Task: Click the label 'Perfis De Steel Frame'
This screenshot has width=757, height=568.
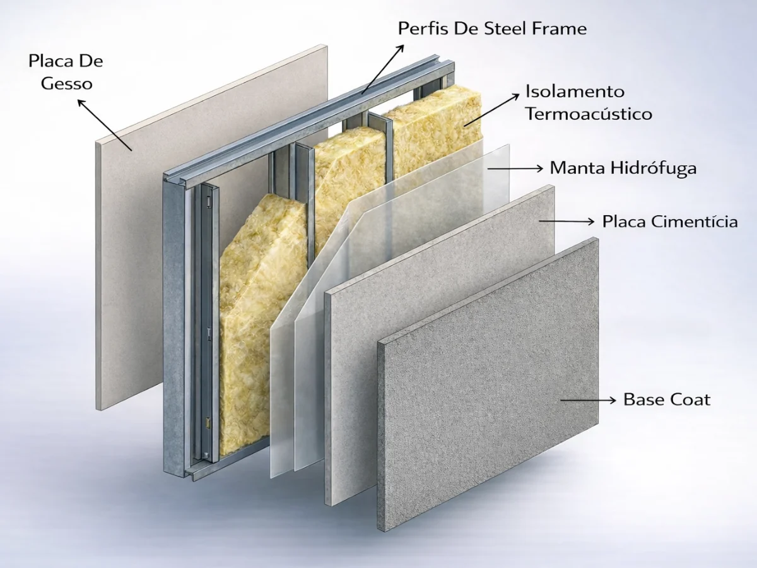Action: [x=492, y=28]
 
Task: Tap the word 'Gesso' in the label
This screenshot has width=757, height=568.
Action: [x=67, y=84]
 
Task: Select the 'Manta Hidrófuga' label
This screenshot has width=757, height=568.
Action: [x=623, y=169]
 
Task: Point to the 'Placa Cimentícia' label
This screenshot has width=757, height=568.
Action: [x=670, y=222]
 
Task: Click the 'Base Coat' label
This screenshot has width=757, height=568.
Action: [x=667, y=399]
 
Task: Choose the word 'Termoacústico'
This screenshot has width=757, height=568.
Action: [x=589, y=114]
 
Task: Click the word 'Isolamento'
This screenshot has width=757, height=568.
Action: [x=575, y=92]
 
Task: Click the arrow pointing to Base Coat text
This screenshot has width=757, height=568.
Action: [x=588, y=400]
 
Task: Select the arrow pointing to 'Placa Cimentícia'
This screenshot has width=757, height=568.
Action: [x=566, y=221]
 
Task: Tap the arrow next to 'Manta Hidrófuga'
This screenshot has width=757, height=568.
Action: [x=515, y=169]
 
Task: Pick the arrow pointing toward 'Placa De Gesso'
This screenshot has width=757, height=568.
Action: [x=105, y=125]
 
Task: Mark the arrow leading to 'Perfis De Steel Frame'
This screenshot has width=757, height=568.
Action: [x=382, y=69]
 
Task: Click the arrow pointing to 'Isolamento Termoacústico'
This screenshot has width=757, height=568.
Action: [x=492, y=110]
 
